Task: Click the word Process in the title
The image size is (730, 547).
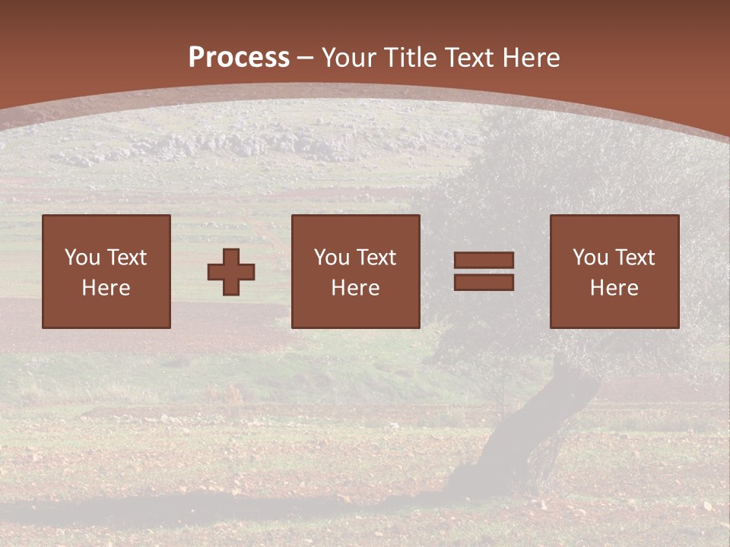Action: pos(239,57)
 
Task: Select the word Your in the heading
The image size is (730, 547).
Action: pos(351,57)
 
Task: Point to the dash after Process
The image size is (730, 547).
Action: pos(305,58)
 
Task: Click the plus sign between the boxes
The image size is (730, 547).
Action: pos(231,272)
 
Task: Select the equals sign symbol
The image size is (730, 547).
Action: pos(484,271)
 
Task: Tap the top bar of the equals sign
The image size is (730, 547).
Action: pos(484,261)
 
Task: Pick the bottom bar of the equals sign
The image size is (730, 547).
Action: pos(484,282)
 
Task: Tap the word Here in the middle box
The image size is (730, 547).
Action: pos(355,288)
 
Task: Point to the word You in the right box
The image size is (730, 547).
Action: pos(591,258)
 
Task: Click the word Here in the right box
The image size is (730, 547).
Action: pos(614,288)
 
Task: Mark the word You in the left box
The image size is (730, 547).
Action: pos(82,258)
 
